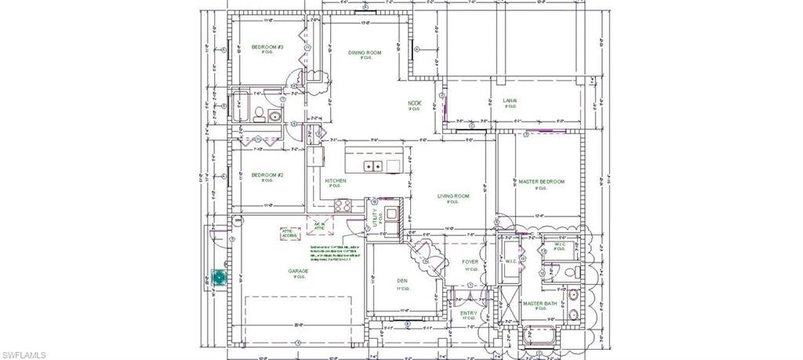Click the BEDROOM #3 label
click(267, 47)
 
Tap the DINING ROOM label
click(365, 53)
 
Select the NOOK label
click(414, 103)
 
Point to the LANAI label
click(510, 101)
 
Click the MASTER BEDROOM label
click(541, 182)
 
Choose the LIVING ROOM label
click(453, 196)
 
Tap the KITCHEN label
click(336, 180)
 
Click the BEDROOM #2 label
click(267, 174)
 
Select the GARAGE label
click(297, 271)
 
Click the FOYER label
click(470, 263)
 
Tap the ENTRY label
click(469, 314)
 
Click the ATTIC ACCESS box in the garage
click(289, 233)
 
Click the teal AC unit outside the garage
click(218, 277)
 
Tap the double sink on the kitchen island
click(374, 165)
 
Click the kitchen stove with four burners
click(343, 206)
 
